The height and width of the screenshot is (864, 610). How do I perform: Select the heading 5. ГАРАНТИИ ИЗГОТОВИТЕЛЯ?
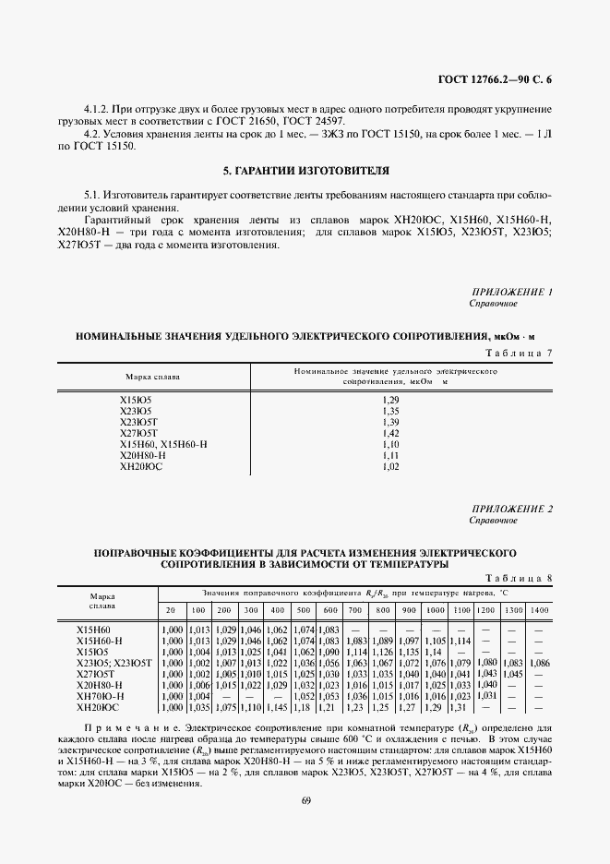[305, 172]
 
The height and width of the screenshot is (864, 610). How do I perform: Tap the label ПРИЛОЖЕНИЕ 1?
[511, 293]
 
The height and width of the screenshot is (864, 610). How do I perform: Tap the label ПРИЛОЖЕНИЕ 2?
[511, 510]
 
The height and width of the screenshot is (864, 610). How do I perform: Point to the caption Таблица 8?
[519, 578]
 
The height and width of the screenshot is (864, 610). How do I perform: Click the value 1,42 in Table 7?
[389, 432]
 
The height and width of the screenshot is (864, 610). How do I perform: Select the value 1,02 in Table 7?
[389, 468]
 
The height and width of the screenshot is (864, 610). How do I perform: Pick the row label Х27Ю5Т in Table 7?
[139, 432]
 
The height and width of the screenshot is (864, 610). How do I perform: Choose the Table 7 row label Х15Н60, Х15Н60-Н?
[163, 444]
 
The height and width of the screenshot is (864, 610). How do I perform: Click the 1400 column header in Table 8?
[540, 611]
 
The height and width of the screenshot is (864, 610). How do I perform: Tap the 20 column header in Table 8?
[171, 611]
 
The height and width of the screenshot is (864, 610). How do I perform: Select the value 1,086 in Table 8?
[540, 663]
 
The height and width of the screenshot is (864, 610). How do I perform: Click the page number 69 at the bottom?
[305, 800]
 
